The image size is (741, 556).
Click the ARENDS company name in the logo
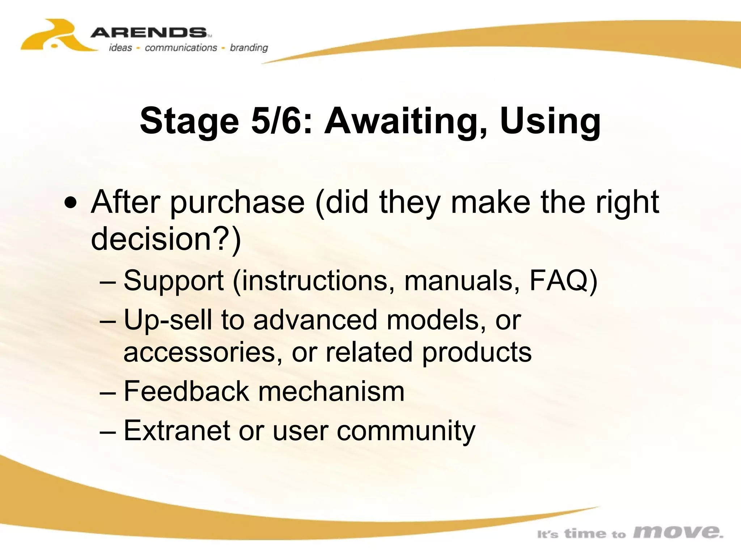148,33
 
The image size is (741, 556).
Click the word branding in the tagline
249,48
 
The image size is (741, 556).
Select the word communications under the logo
181,48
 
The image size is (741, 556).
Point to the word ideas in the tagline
120,48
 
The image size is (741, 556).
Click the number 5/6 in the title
276,121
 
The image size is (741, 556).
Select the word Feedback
186,391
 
